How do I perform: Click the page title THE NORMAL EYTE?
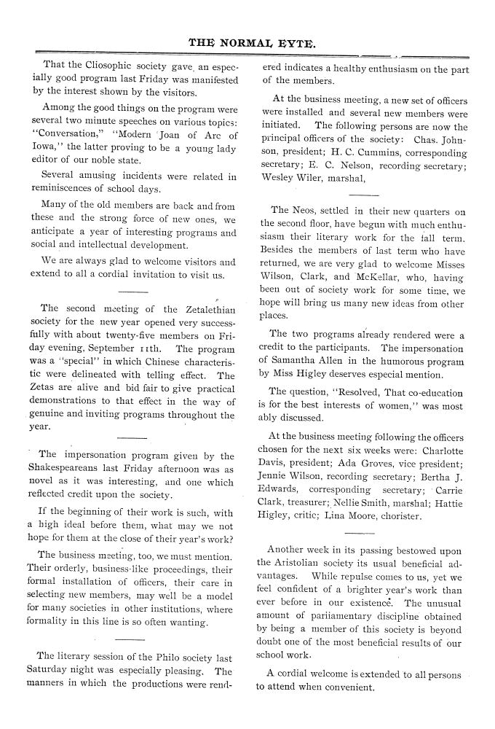click(x=253, y=43)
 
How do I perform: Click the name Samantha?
click(x=298, y=360)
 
